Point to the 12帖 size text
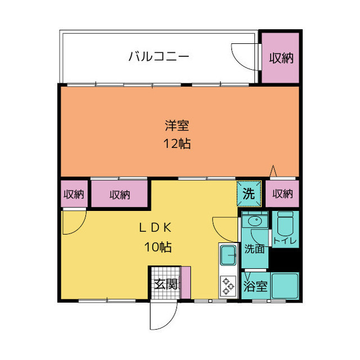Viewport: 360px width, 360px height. pos(177,143)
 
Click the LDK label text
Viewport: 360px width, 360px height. pos(155,228)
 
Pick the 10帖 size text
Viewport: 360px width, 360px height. pos(158,246)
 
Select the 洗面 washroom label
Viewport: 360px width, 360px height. pos(254,249)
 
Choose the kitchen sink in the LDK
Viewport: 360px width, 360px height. pos(228,256)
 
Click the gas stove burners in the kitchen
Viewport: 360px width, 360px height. pos(228,285)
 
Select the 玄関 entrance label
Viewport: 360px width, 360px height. pos(165,283)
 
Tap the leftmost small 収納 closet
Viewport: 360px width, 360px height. pos(73,195)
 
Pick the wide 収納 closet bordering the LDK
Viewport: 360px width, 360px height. pos(119,195)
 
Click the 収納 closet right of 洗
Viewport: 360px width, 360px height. pos(282,194)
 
